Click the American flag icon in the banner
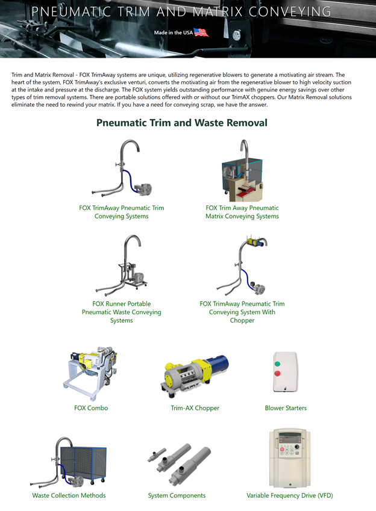tap(201, 33)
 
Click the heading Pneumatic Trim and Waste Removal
tap(182, 123)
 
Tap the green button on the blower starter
tap(277, 364)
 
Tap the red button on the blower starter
tap(277, 374)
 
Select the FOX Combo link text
tap(91, 408)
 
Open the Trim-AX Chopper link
tap(195, 408)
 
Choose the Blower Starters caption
tap(286, 408)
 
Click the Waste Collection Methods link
tap(69, 495)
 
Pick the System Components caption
tap(177, 495)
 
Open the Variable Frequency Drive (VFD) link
tap(289, 495)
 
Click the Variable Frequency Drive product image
tap(290, 458)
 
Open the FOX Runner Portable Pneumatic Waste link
tap(121, 312)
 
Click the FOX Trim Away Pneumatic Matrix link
tap(242, 212)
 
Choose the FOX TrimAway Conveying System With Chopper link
tap(242, 312)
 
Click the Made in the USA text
tap(173, 33)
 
